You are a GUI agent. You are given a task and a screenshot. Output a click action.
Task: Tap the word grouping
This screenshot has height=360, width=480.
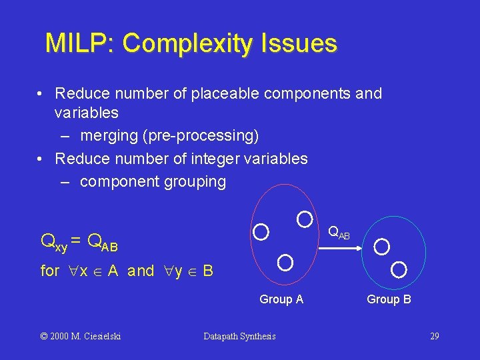[195, 181]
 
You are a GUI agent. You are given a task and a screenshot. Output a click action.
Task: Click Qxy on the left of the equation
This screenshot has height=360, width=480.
[53, 241]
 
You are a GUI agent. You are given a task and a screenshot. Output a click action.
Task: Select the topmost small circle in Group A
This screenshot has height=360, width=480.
[304, 218]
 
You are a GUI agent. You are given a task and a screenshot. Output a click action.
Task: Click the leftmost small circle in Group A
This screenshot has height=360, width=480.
[261, 232]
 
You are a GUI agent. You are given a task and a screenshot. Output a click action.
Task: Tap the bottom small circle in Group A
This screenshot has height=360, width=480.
[285, 262]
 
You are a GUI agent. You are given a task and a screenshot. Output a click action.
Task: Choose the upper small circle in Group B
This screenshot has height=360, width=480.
[382, 247]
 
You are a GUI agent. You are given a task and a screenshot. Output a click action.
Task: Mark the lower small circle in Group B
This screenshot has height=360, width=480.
[399, 269]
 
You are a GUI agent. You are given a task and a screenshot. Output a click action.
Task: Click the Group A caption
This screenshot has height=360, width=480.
[281, 299]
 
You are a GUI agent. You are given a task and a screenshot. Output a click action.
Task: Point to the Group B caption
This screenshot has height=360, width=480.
[389, 299]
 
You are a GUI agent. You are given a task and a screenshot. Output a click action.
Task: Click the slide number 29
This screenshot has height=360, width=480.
[434, 336]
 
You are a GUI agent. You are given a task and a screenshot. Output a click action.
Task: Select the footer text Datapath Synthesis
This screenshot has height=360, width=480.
[239, 336]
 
